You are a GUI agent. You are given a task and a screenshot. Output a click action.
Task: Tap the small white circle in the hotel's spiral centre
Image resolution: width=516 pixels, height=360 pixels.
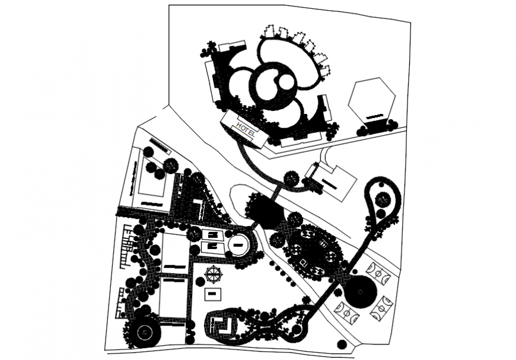[x=286, y=81]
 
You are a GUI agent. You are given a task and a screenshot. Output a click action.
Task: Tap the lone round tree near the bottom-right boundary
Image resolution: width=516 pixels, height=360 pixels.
[x=340, y=344]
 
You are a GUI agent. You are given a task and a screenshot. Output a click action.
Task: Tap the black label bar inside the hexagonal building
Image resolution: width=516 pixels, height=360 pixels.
[x=374, y=117]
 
